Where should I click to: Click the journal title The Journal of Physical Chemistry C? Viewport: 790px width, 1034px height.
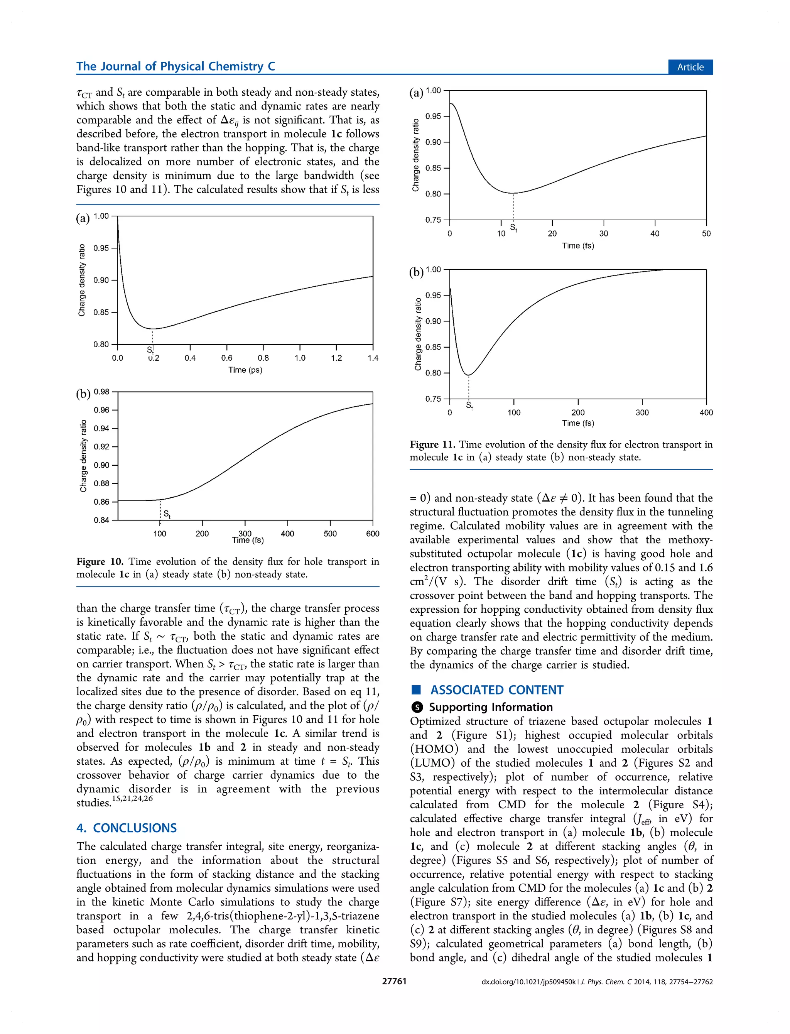click(176, 66)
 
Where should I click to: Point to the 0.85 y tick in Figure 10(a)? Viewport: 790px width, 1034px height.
click(101, 312)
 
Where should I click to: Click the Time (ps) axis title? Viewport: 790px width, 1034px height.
click(245, 370)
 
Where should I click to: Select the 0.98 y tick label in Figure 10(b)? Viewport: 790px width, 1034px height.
click(101, 392)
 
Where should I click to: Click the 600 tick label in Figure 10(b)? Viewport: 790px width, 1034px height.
click(372, 534)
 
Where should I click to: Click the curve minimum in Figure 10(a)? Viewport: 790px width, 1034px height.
click(153, 329)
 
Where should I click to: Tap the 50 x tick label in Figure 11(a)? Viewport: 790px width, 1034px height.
click(706, 234)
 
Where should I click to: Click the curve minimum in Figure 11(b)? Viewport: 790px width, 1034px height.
click(468, 375)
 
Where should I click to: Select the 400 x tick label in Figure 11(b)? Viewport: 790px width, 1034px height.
click(706, 412)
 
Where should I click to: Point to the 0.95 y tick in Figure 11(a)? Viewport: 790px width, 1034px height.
click(433, 116)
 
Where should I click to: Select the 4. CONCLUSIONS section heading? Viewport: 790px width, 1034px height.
click(127, 828)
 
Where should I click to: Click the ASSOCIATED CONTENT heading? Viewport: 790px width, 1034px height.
click(496, 690)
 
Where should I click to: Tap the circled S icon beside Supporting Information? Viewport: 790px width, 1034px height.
click(417, 707)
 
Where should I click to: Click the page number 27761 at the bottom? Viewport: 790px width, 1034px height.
click(394, 982)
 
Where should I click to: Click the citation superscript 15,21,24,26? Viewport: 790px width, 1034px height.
click(132, 798)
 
